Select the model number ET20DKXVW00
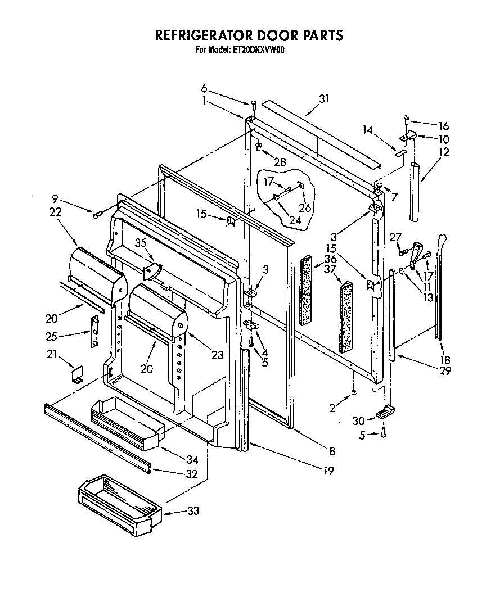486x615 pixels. point(259,49)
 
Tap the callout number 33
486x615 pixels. point(192,512)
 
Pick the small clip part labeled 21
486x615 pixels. point(77,374)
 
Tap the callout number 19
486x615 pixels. point(328,471)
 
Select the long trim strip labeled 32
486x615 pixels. point(96,436)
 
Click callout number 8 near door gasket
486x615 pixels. point(332,450)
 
